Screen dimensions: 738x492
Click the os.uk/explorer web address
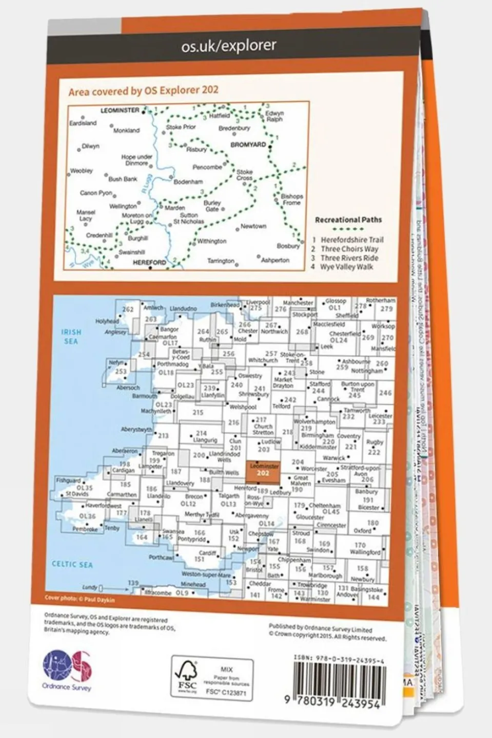pos(229,46)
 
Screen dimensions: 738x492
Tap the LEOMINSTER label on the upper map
pos(120,110)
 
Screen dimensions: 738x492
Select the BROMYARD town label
pos(248,145)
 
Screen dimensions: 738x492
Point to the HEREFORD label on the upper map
pos(149,262)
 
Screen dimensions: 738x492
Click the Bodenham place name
pos(188,182)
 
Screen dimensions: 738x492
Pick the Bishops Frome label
pos(292,200)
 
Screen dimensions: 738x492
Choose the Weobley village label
pos(81,171)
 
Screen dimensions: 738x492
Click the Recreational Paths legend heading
pos(348,220)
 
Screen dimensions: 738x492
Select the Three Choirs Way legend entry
pos(349,249)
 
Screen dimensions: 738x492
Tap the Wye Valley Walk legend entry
pos(346,267)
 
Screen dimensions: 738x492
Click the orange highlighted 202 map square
pos(263,472)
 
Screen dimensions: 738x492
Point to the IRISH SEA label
pos(71,336)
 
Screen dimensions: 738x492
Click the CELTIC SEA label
pos(72,564)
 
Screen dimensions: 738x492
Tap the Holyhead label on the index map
pos(107,321)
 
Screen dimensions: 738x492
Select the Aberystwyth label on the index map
pos(136,429)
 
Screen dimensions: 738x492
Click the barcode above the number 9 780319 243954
pos(339,680)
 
